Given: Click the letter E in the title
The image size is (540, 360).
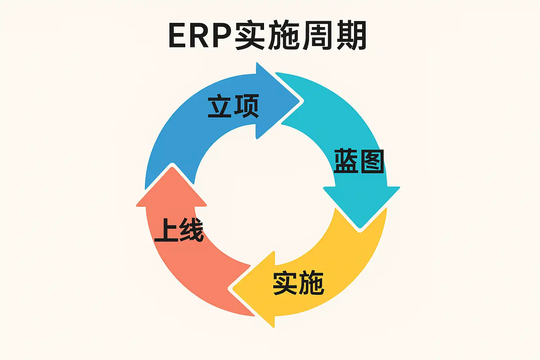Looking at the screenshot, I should point(179,36).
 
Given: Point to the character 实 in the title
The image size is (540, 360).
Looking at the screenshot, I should point(250,36).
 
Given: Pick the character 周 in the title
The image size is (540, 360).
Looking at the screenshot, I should point(316,36).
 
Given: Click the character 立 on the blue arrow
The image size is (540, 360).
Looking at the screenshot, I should point(220,106).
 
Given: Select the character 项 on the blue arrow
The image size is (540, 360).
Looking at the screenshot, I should point(246,106).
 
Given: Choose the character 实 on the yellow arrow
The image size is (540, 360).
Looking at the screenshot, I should point(285,283).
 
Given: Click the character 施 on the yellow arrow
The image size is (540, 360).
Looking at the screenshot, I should point(311,283).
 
